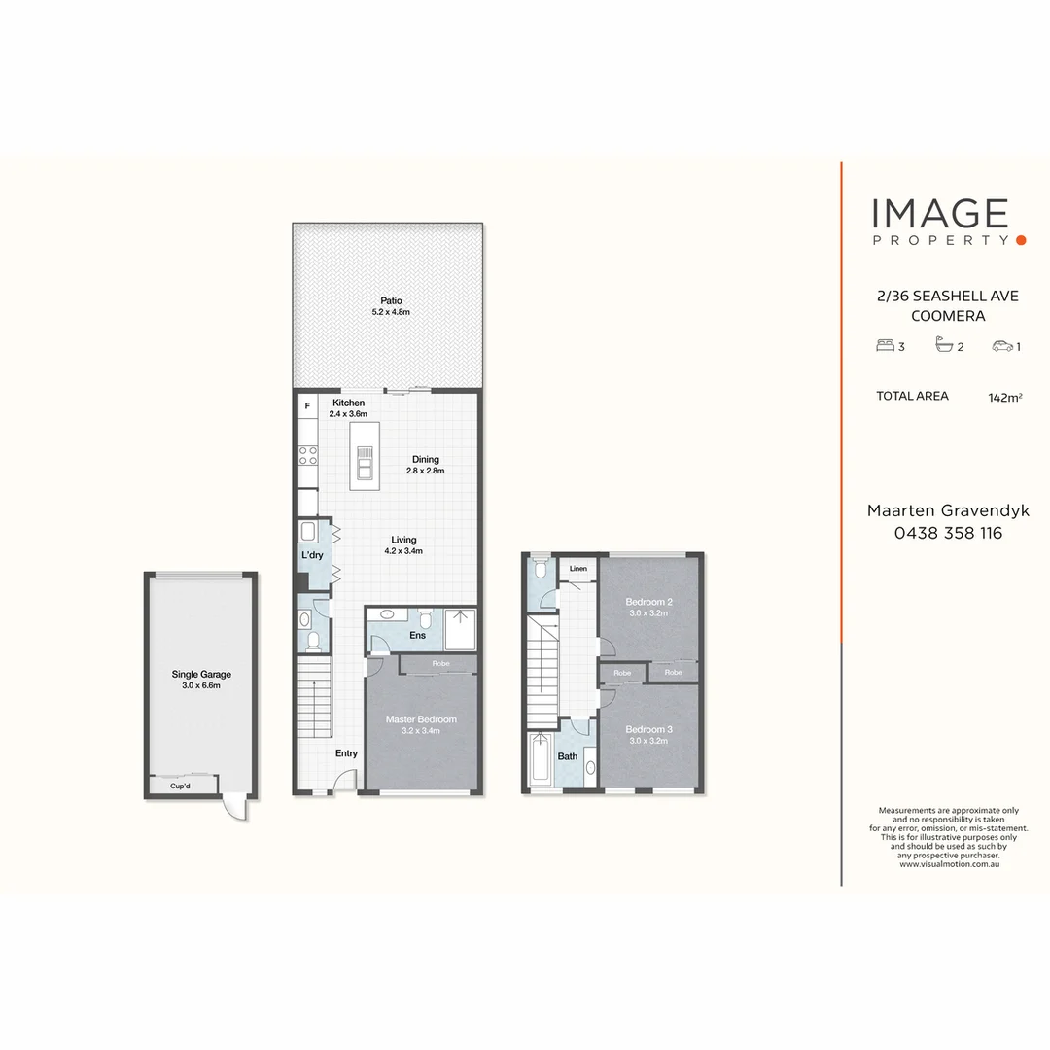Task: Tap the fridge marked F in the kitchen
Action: pos(308,405)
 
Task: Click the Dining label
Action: pos(425,460)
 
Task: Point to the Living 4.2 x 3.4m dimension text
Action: pos(403,551)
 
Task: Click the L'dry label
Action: pos(312,555)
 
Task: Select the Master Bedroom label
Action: pos(421,719)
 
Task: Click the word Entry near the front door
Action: pos(346,753)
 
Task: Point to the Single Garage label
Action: pos(201,674)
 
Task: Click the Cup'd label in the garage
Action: pos(180,787)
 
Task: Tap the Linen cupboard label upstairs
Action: pos(578,568)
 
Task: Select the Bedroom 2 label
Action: pos(649,602)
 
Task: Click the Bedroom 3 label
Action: pos(649,729)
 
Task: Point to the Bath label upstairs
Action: pos(568,755)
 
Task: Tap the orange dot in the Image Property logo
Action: pos(1020,239)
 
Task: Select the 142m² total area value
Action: pos(1004,397)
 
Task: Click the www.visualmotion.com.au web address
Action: pos(949,863)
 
